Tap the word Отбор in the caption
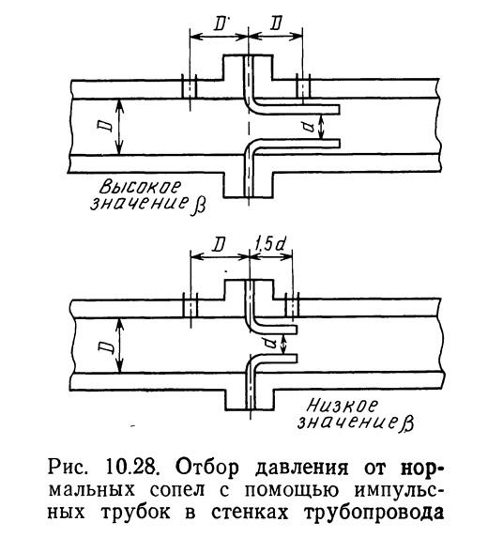pyautogui.click(x=206, y=467)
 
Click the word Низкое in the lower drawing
pyautogui.click(x=343, y=406)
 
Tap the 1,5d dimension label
pyautogui.click(x=270, y=244)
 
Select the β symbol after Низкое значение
pyautogui.click(x=407, y=424)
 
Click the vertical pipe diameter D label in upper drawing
pyautogui.click(x=107, y=126)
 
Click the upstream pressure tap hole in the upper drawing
pyautogui.click(x=190, y=89)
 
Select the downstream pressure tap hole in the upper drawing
pyautogui.click(x=302, y=89)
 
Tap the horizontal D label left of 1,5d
pyautogui.click(x=219, y=244)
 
